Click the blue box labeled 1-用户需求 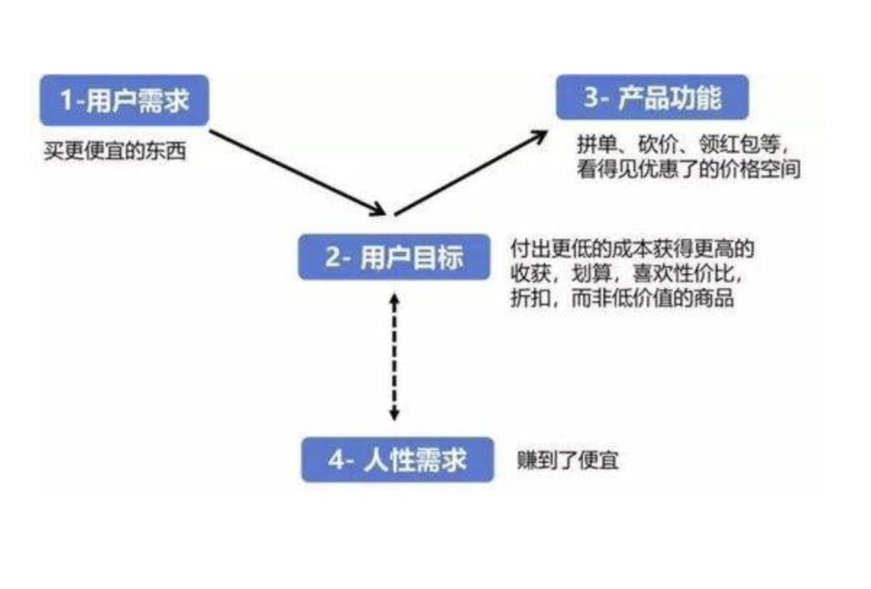pyautogui.click(x=124, y=100)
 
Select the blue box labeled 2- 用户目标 pyautogui.click(x=394, y=257)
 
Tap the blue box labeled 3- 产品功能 pyautogui.click(x=652, y=98)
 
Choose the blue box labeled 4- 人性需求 pyautogui.click(x=397, y=460)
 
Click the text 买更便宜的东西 pyautogui.click(x=115, y=150)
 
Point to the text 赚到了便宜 pyautogui.click(x=568, y=461)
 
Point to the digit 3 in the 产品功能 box pyautogui.click(x=593, y=98)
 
